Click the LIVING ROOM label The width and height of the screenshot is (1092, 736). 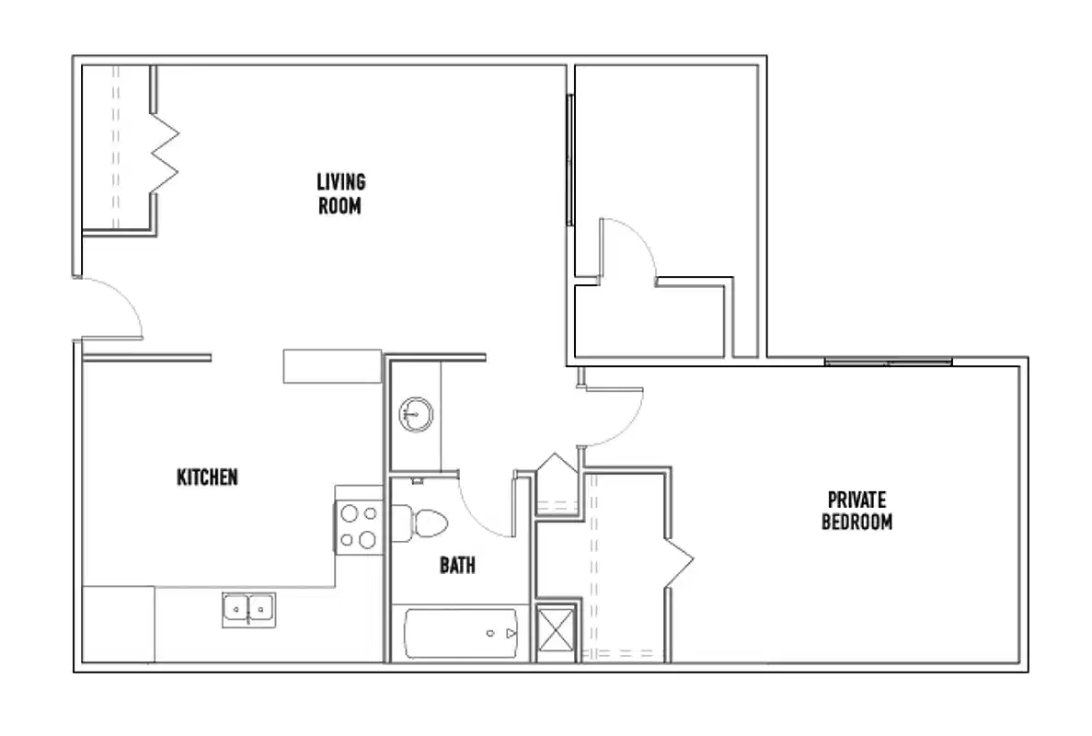click(339, 193)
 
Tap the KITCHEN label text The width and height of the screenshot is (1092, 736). click(207, 477)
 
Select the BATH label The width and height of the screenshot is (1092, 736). click(457, 565)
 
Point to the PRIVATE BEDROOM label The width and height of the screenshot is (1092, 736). click(856, 512)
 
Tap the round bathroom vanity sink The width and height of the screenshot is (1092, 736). click(416, 415)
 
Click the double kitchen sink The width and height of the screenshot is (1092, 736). click(248, 609)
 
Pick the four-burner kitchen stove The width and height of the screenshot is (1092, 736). click(358, 526)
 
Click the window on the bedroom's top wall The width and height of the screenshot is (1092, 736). click(888, 362)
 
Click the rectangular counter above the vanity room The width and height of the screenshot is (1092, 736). click(332, 366)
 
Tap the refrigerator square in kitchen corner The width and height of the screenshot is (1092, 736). click(119, 624)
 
